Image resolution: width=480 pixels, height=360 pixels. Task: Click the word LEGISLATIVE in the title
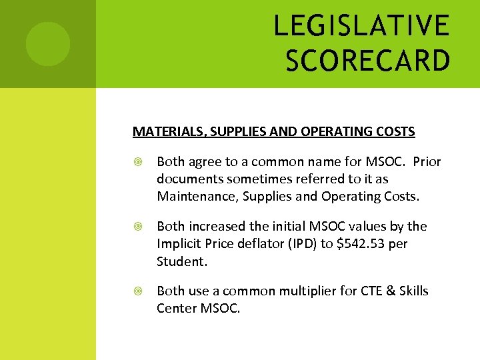pyautogui.click(x=362, y=27)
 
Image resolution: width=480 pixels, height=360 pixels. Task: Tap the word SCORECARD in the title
pyautogui.click(x=368, y=60)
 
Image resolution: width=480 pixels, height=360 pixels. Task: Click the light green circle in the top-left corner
pyautogui.click(x=48, y=44)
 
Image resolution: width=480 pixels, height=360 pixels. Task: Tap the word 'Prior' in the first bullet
pyautogui.click(x=427, y=162)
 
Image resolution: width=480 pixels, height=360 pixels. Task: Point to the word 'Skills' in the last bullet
pyautogui.click(x=411, y=291)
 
